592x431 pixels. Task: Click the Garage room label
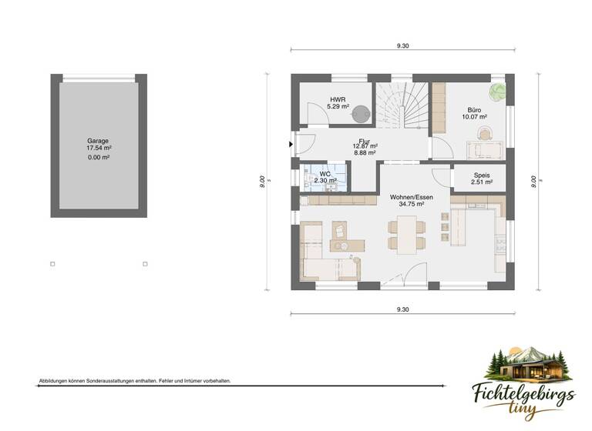pyautogui.click(x=98, y=142)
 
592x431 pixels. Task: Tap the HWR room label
pyautogui.click(x=338, y=100)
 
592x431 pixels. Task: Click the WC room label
pyautogui.click(x=325, y=174)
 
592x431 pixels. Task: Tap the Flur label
pyautogui.click(x=364, y=142)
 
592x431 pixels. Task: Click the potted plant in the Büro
pyautogui.click(x=499, y=91)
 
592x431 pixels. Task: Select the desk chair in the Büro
pyautogui.click(x=484, y=133)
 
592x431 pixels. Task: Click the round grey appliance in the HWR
pyautogui.click(x=360, y=114)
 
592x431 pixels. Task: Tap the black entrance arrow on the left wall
pyautogui.click(x=291, y=143)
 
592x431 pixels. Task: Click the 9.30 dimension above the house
pyautogui.click(x=402, y=46)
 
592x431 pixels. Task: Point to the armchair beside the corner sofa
pyautogui.click(x=339, y=230)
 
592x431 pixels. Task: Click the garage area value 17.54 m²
pyautogui.click(x=99, y=149)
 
